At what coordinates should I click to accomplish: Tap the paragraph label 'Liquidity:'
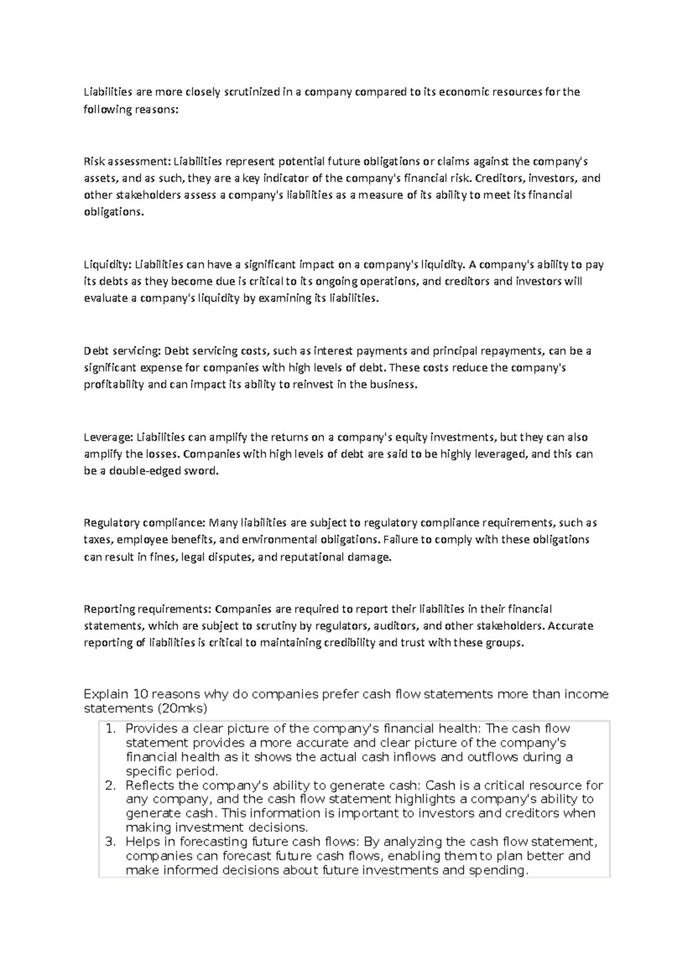108,265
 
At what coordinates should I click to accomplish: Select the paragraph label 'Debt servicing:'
122,351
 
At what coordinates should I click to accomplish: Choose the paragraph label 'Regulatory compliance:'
144,523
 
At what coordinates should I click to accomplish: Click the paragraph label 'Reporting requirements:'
147,609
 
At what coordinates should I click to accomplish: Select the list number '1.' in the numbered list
111,729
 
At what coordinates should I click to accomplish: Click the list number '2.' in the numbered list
111,786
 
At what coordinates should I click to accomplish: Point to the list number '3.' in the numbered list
111,842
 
